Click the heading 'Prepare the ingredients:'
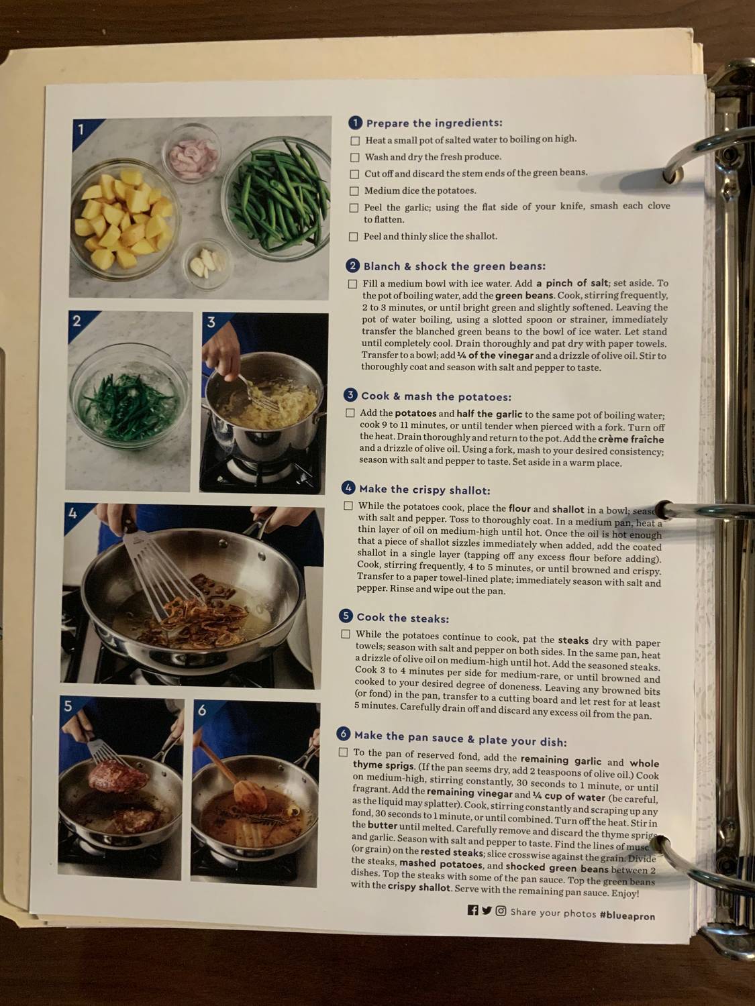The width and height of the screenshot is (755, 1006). click(434, 123)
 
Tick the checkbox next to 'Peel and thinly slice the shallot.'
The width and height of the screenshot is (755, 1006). click(353, 236)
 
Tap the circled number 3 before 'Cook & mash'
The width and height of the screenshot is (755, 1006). click(350, 396)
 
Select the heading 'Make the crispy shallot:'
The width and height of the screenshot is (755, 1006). click(424, 490)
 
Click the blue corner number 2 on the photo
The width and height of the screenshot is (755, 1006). click(77, 321)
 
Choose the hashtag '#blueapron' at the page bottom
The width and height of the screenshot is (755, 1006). click(627, 915)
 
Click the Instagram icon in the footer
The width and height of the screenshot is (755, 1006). click(501, 911)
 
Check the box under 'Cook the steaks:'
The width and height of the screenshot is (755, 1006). click(346, 634)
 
